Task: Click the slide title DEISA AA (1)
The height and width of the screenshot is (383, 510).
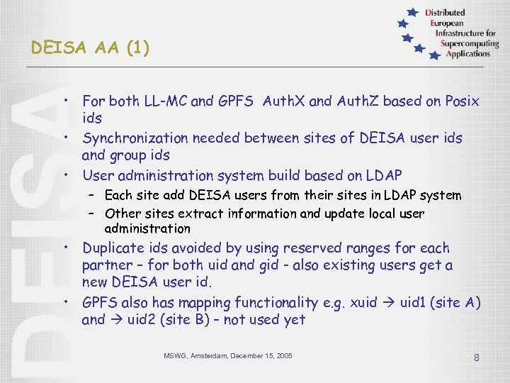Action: [x=90, y=48]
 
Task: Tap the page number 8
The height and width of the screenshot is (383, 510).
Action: [x=477, y=357]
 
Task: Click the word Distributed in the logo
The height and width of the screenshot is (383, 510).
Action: [x=445, y=13]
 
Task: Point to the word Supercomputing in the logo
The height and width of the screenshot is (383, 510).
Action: [x=468, y=43]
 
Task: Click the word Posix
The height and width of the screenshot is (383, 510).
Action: [x=461, y=101]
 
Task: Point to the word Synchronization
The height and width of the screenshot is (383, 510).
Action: [x=134, y=138]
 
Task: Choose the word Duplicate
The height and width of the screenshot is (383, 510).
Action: [x=113, y=248]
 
